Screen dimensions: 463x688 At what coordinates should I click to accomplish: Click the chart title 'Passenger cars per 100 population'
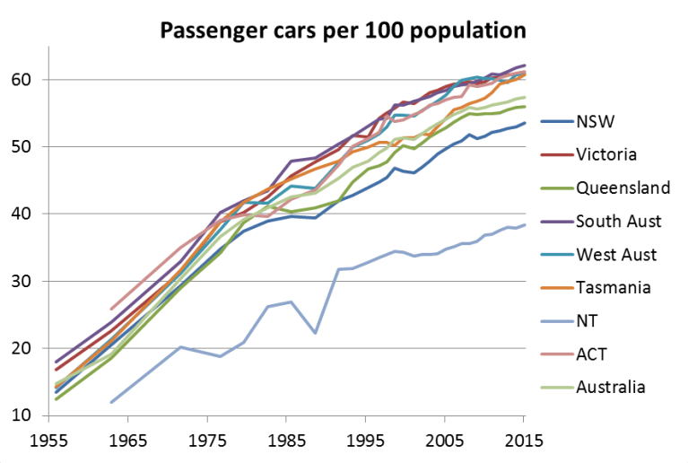343,31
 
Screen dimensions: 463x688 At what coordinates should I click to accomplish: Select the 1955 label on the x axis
47,442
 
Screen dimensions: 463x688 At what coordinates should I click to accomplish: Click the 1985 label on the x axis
286,442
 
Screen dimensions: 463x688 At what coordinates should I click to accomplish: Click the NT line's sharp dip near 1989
315,333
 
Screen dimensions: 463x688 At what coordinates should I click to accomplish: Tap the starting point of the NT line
111,402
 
